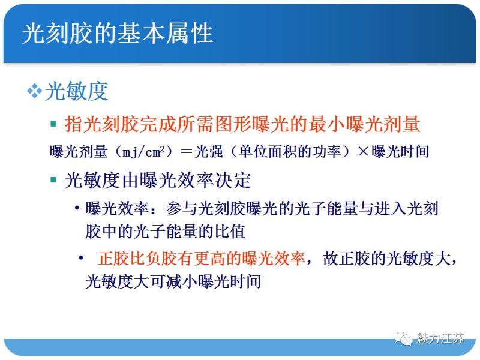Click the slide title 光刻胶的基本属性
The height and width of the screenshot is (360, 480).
tap(118, 33)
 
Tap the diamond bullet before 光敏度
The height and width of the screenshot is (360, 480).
tap(33, 91)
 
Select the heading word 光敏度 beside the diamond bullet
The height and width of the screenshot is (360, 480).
tap(76, 91)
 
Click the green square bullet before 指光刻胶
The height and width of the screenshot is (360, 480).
tap(53, 124)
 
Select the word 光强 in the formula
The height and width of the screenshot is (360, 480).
tap(208, 152)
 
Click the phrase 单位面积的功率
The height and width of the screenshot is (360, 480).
tap(289, 152)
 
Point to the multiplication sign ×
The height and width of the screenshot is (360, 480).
tap(362, 152)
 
